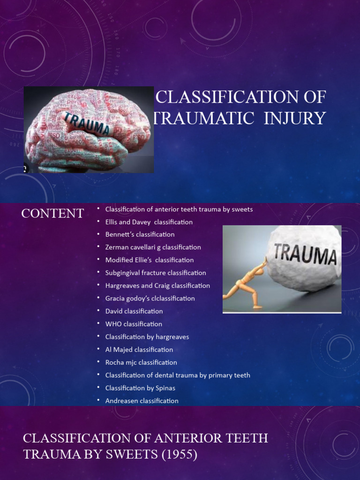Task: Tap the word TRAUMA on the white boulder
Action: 305,255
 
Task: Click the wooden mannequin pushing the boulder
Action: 246,286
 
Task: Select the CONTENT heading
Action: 52,213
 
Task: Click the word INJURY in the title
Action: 294,119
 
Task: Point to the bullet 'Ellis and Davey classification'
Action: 149,222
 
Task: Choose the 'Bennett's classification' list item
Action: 140,234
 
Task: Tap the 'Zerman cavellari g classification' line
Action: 153,247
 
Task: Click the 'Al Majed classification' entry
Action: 139,349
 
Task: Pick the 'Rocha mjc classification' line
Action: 141,362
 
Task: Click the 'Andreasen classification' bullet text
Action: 142,401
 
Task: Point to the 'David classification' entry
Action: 134,311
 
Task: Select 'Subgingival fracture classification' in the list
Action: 156,273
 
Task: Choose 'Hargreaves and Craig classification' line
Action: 157,285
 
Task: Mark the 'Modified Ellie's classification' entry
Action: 149,260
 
